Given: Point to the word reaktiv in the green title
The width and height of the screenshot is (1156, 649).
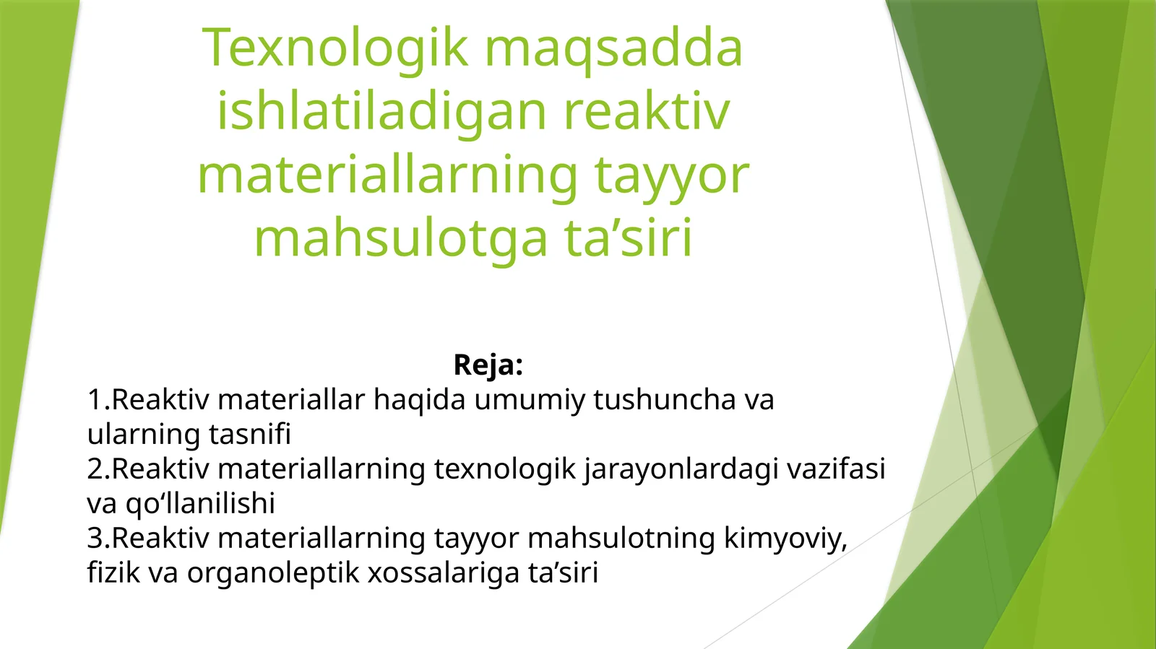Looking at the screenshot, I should [x=647, y=112].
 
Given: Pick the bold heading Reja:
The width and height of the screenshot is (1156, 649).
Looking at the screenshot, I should [x=488, y=365].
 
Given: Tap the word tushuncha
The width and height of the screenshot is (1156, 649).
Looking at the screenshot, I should [x=664, y=399].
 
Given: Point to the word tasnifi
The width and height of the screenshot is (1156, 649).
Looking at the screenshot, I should [x=250, y=434].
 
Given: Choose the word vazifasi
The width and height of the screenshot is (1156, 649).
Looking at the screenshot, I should [x=836, y=469].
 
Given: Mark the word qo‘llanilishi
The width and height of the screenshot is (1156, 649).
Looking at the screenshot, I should [x=200, y=503].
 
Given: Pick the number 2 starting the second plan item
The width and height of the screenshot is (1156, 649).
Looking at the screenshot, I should [x=95, y=469].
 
